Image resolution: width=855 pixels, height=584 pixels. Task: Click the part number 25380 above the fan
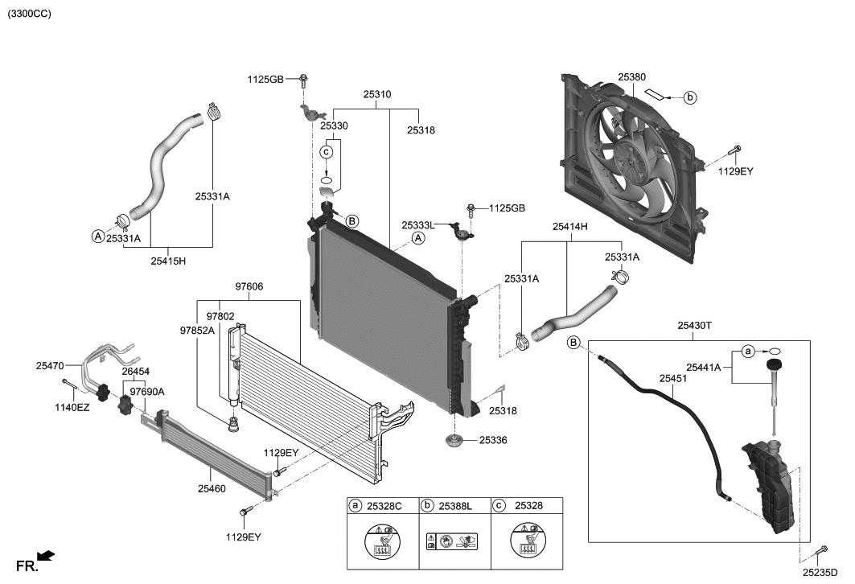[x=631, y=77]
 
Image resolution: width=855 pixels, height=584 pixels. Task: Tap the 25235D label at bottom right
[x=820, y=571]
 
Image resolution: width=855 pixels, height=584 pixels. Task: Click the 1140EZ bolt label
[x=72, y=408]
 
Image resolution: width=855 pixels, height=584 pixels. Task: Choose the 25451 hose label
[x=673, y=377]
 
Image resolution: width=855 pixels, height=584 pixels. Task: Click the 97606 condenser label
[x=249, y=286]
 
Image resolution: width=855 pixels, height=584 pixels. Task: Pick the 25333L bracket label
[x=419, y=226]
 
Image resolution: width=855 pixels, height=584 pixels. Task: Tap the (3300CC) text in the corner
[x=30, y=14]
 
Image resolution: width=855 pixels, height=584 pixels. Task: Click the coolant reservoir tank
[x=771, y=488]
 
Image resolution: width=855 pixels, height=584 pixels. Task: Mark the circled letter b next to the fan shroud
[x=690, y=97]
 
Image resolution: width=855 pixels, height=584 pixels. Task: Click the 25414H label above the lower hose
[x=569, y=228]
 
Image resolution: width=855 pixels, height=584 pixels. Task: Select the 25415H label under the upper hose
[x=168, y=261]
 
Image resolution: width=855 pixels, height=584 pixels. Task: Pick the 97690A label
[x=147, y=392]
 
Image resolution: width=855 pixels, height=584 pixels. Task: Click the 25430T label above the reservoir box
[x=695, y=326]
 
